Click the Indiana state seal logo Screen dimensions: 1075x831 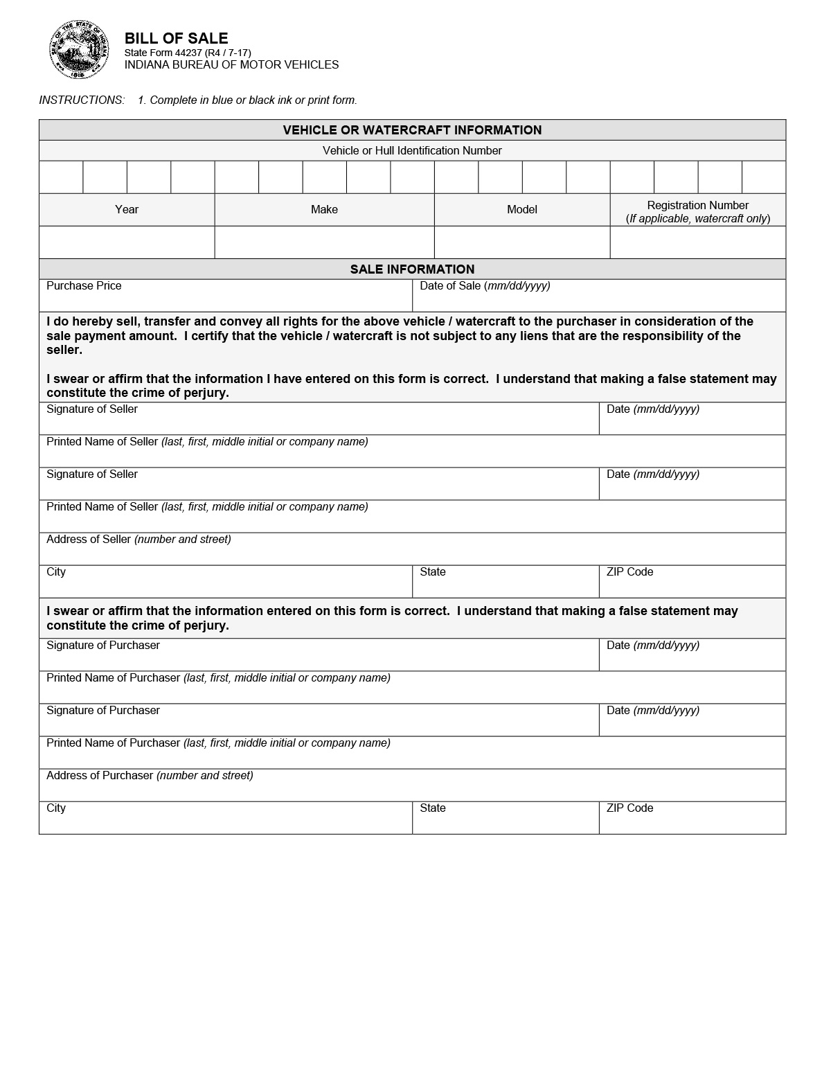click(79, 50)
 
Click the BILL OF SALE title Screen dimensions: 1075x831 click(176, 38)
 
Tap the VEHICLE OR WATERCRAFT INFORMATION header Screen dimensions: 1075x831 click(412, 130)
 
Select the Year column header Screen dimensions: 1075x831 click(127, 209)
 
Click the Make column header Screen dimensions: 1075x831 click(324, 209)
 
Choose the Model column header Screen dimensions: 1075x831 click(521, 209)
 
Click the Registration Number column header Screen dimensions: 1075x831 click(697, 206)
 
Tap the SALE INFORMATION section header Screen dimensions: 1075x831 click(412, 269)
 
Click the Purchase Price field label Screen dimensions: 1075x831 click(84, 286)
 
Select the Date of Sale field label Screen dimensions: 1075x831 click(485, 286)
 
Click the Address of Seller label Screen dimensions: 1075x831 click(138, 540)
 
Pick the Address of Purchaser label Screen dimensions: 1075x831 click(150, 776)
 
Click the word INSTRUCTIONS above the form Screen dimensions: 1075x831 click(82, 100)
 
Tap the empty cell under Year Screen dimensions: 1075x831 click(127, 242)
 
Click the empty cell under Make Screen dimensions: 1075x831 click(324, 242)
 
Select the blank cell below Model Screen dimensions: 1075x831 click(521, 242)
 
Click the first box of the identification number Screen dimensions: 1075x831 click(61, 177)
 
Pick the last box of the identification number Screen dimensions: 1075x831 click(764, 177)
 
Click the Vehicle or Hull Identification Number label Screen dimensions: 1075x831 click(412, 151)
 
